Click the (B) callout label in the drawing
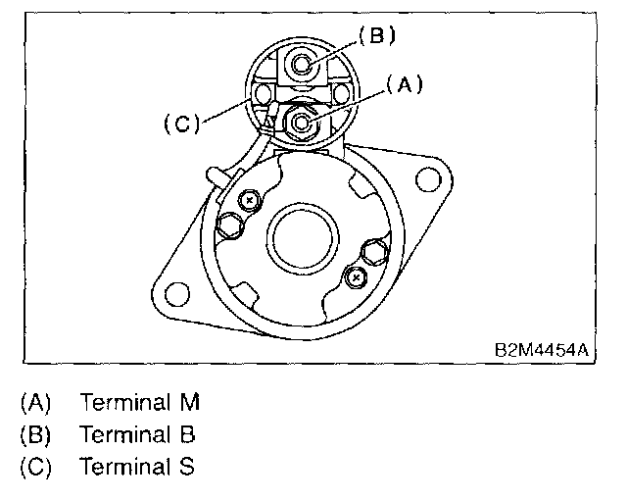pyautogui.click(x=377, y=35)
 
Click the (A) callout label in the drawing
pyautogui.click(x=405, y=84)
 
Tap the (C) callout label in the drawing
pyautogui.click(x=182, y=124)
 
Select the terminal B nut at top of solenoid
pyautogui.click(x=301, y=64)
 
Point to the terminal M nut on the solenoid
pyautogui.click(x=301, y=122)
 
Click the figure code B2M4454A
pyautogui.click(x=542, y=350)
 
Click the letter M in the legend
pyautogui.click(x=190, y=402)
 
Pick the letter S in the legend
pyautogui.click(x=187, y=466)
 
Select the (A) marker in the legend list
pyautogui.click(x=35, y=402)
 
